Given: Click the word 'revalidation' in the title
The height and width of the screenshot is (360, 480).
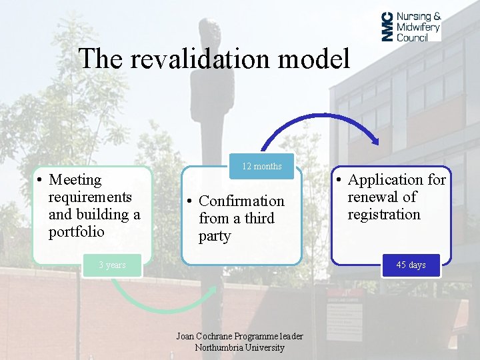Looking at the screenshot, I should [198, 59].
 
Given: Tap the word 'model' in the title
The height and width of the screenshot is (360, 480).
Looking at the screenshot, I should [313, 59].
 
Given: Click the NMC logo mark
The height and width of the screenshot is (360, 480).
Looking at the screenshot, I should [387, 27].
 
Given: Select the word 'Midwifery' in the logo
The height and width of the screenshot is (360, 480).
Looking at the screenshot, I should [418, 27].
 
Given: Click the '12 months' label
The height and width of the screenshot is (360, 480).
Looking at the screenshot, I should [261, 166].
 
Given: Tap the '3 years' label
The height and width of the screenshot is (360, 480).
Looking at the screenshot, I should [112, 265].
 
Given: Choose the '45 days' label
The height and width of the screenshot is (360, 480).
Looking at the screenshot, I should [411, 265].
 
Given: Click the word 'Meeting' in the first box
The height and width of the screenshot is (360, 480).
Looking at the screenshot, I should [75, 180].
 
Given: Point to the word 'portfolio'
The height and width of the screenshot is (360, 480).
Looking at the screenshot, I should [77, 232].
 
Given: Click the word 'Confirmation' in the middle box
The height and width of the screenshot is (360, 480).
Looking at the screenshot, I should [241, 201].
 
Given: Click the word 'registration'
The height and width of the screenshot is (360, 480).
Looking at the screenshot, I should [384, 215].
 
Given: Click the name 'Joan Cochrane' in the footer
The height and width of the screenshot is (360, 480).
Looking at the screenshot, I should [203, 336].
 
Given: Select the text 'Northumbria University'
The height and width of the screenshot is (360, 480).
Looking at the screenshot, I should [239, 347].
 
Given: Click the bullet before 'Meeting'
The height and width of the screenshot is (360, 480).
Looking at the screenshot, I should [41, 180].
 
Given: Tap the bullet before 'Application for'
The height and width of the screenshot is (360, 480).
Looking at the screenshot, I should [339, 180].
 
